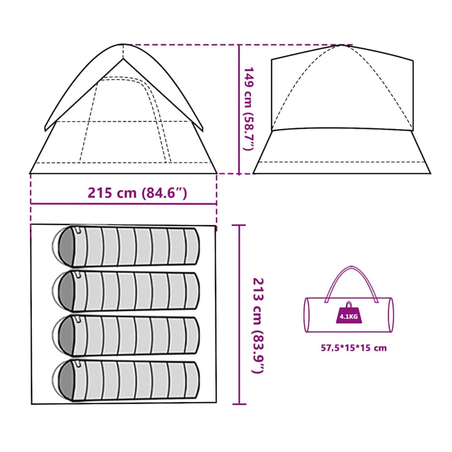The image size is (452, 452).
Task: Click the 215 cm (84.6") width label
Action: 137,193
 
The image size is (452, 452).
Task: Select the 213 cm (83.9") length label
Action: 258,325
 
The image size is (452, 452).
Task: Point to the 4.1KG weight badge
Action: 348,316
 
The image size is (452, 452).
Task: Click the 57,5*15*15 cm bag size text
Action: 353,348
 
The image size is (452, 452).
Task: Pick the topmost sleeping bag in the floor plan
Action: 128,247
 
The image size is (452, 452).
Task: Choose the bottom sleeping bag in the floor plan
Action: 128,380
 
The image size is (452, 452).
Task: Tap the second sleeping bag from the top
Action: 128,291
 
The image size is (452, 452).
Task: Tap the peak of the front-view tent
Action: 123,45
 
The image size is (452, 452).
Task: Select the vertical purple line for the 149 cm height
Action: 240,109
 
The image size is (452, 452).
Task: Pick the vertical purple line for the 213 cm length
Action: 239,315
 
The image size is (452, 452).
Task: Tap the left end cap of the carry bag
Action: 307,315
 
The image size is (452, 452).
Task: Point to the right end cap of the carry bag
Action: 391,315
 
